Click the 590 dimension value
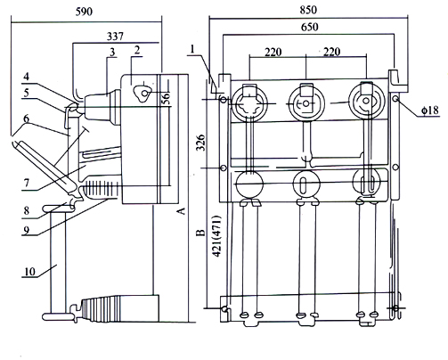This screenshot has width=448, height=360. (84, 12)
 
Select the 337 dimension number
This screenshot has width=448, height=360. (115, 37)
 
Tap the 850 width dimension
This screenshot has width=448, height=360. (308, 10)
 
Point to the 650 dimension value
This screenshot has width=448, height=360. (310, 27)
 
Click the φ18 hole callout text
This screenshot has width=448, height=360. (430, 110)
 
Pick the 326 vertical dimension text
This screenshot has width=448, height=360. (201, 143)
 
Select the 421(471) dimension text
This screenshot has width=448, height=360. (216, 236)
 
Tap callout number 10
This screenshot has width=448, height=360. (30, 272)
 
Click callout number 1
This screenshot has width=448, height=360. (193, 49)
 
